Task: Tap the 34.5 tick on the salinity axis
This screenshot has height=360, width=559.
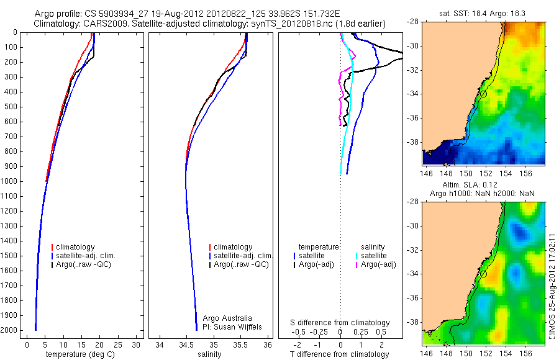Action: (x=186, y=344)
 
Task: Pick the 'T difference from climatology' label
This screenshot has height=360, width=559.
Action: (x=340, y=354)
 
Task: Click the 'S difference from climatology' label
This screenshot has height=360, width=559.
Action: (x=340, y=323)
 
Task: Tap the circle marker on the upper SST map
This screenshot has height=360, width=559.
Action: (x=483, y=94)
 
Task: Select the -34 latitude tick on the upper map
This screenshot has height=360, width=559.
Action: (x=412, y=94)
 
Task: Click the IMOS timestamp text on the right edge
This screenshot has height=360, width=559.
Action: (x=552, y=285)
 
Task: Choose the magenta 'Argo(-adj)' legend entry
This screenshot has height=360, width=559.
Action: (x=378, y=265)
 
